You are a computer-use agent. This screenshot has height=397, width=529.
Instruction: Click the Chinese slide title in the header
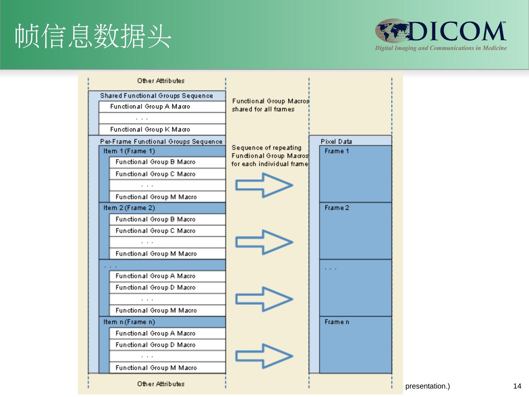point(93,36)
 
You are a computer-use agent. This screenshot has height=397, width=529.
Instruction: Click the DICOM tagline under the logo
point(440,48)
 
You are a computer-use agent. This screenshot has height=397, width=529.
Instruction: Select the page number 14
point(517,386)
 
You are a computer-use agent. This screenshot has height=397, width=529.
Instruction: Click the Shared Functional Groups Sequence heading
point(156,96)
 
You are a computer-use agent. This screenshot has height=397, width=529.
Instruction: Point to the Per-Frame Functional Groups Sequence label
point(161,142)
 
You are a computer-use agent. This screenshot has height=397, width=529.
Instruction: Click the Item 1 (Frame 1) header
point(129,151)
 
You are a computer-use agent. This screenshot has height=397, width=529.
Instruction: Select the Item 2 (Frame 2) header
point(129,208)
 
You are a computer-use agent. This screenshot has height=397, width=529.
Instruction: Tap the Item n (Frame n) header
point(129,322)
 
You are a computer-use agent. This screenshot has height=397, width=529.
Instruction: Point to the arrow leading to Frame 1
point(264,185)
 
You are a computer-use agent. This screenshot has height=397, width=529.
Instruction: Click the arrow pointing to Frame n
point(264,356)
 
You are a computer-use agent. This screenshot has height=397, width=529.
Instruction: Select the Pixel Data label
point(336,142)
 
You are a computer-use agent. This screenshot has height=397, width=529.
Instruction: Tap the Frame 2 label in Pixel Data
point(337,208)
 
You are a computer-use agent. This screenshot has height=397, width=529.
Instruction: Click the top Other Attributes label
point(161,81)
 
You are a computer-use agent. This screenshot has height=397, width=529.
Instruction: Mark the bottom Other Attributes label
point(161,384)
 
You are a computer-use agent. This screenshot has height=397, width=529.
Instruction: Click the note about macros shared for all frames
point(270,105)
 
